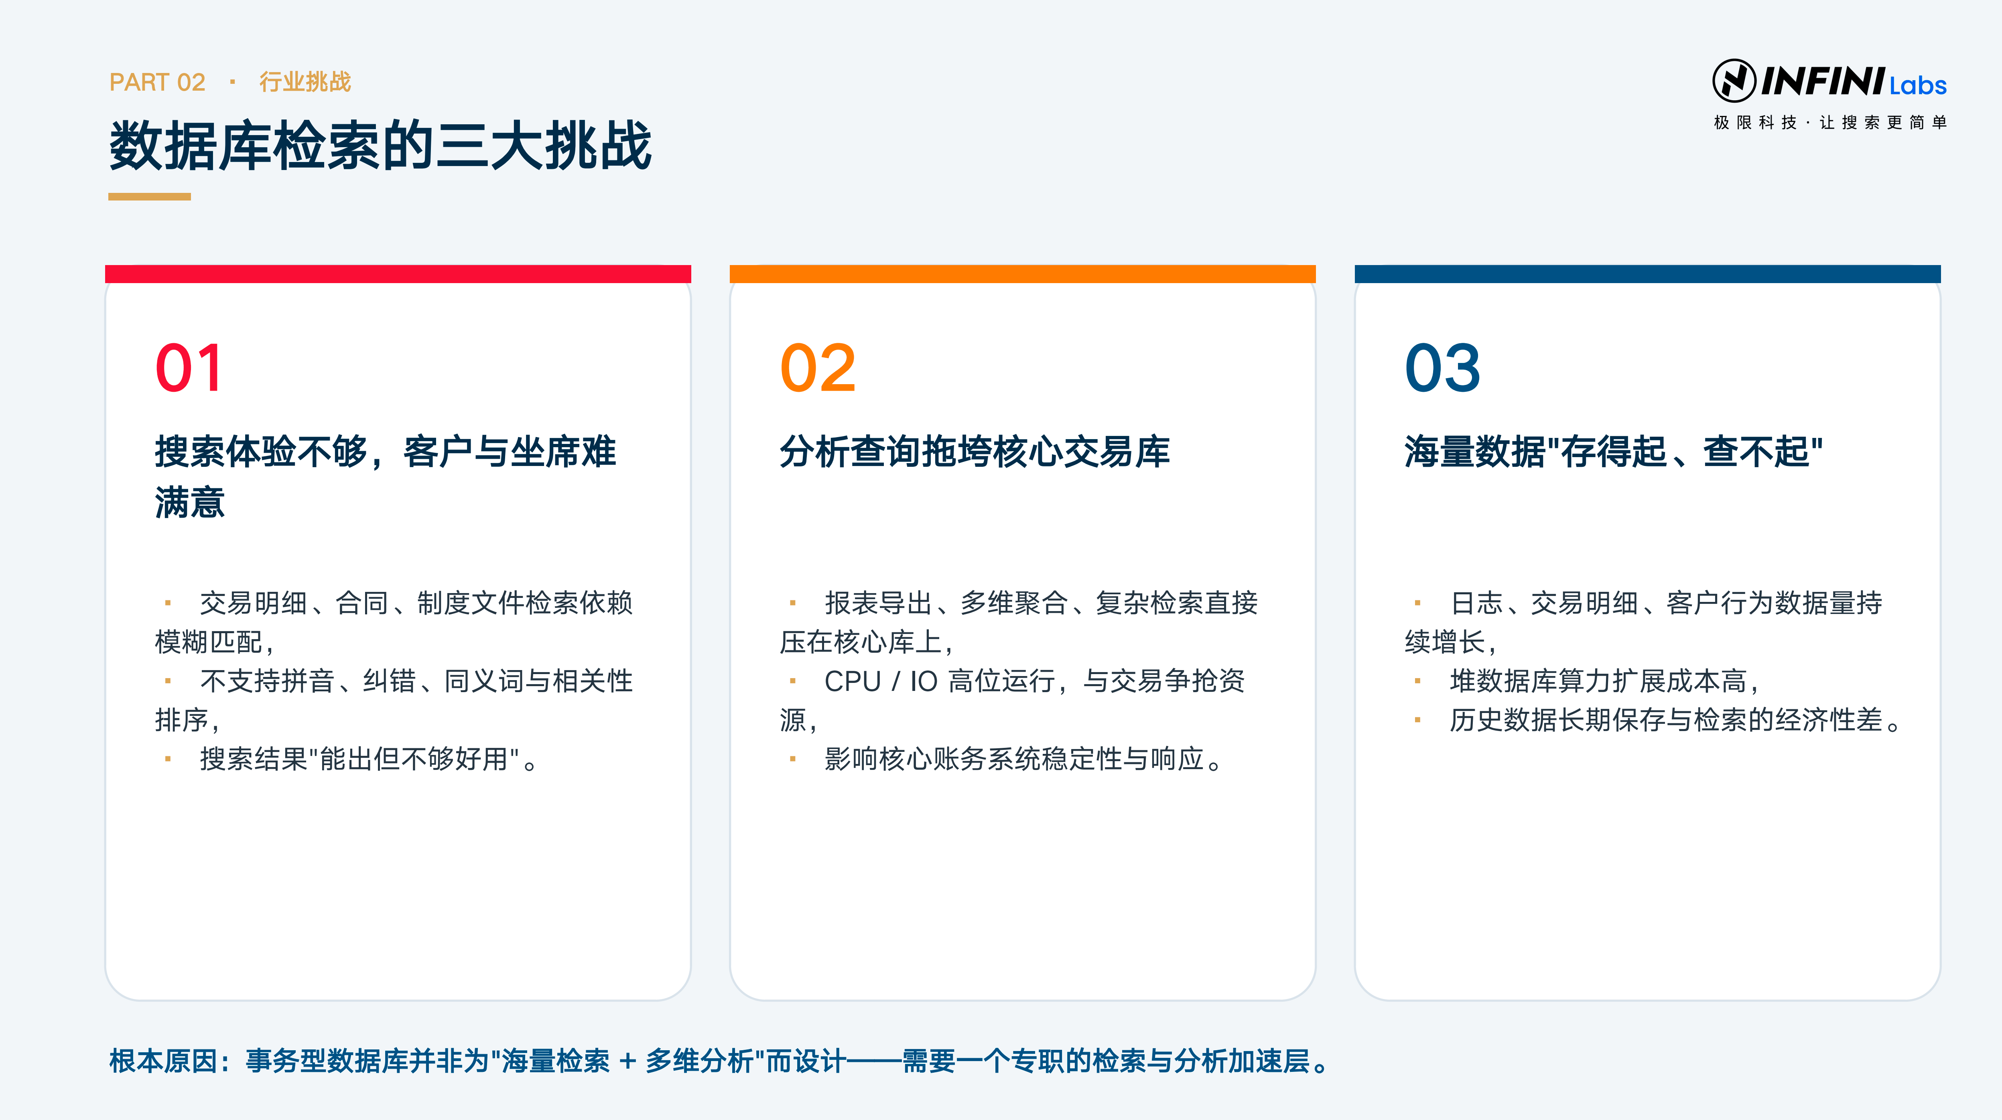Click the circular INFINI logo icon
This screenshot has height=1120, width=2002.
(1734, 81)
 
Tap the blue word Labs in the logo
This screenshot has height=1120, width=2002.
(1918, 85)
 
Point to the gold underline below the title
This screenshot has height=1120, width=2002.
(149, 196)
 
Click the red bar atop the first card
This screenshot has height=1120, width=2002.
(398, 273)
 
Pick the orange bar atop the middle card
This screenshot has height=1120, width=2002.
(1023, 273)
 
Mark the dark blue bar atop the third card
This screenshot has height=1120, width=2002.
(1648, 273)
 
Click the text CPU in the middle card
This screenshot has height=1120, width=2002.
(853, 681)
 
